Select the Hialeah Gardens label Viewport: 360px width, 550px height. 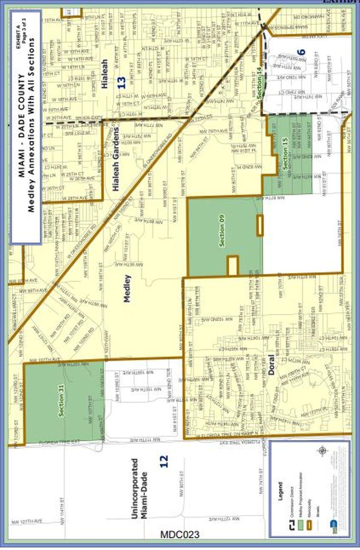coord(116,159)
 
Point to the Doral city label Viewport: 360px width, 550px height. coord(271,364)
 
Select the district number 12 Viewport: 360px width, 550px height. coord(163,461)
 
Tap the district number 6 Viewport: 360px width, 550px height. coord(302,52)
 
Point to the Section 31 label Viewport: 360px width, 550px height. coord(61,400)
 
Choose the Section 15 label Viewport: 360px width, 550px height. coord(285,153)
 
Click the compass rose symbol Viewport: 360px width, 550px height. coord(323,451)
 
